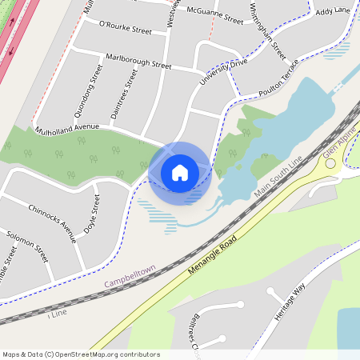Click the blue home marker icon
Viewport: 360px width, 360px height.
[x=180, y=172]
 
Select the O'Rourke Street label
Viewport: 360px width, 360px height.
[x=125, y=30]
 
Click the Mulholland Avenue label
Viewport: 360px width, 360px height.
[x=67, y=127]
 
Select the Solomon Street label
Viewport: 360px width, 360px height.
[x=27, y=246]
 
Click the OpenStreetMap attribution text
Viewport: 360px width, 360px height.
[x=80, y=354]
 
